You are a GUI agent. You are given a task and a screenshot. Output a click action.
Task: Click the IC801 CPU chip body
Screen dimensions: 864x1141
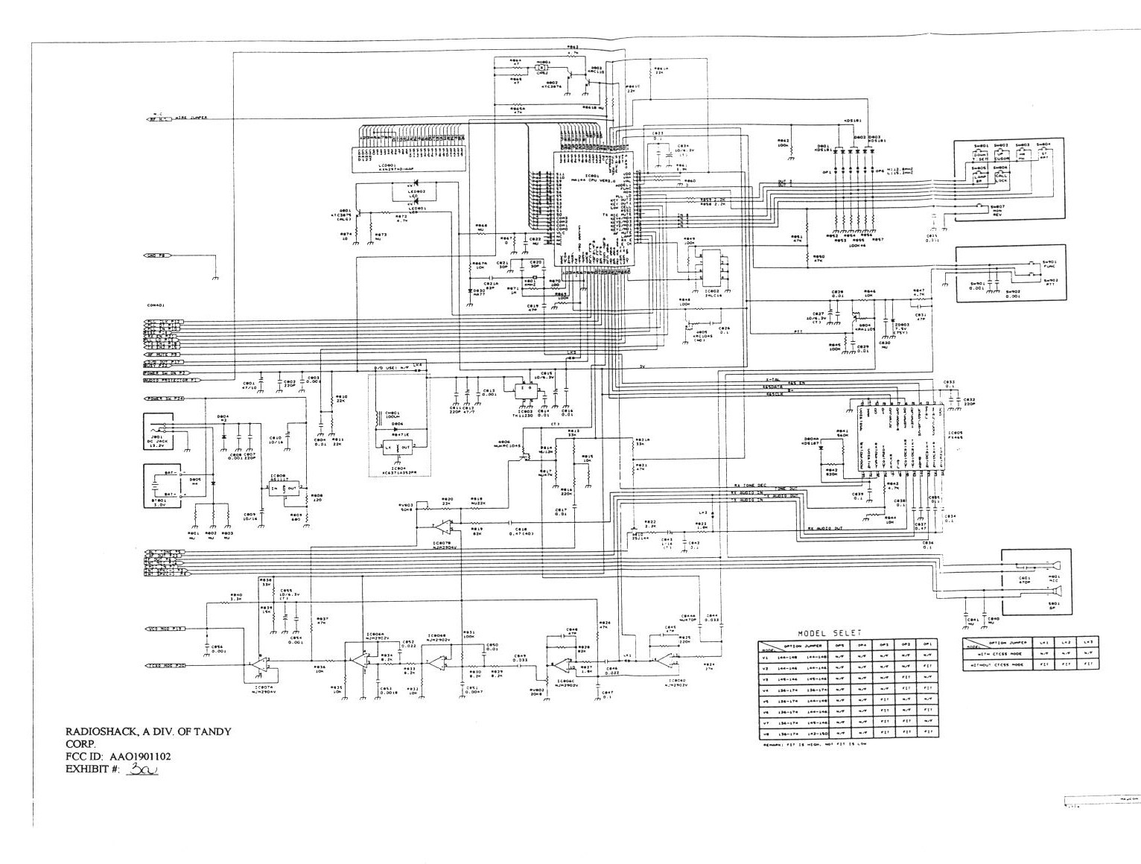pos(594,216)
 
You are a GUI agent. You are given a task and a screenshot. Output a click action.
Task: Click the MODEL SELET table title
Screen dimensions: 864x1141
pos(830,632)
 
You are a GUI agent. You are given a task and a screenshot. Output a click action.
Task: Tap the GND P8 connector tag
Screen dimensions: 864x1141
pos(156,255)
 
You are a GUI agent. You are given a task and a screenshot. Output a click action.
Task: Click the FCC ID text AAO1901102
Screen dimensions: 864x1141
pos(141,757)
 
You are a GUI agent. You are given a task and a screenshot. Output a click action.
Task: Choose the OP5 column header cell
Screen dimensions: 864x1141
pos(839,645)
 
